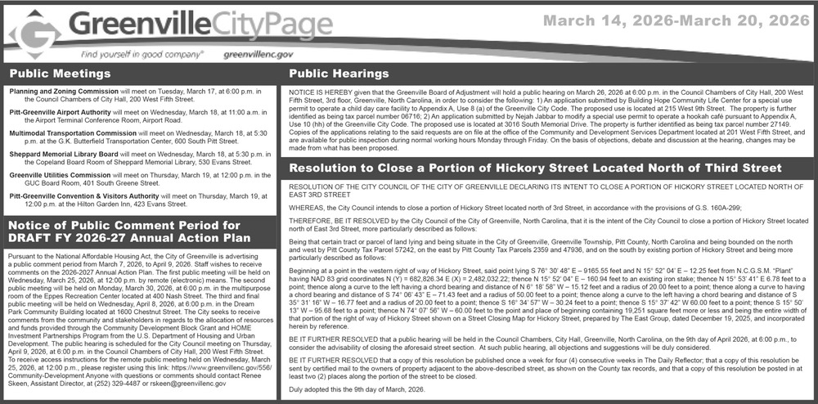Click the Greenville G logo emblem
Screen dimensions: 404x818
pos(34,34)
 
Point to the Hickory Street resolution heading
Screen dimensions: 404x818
pos(536,168)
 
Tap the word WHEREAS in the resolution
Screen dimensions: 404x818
pos(307,208)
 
